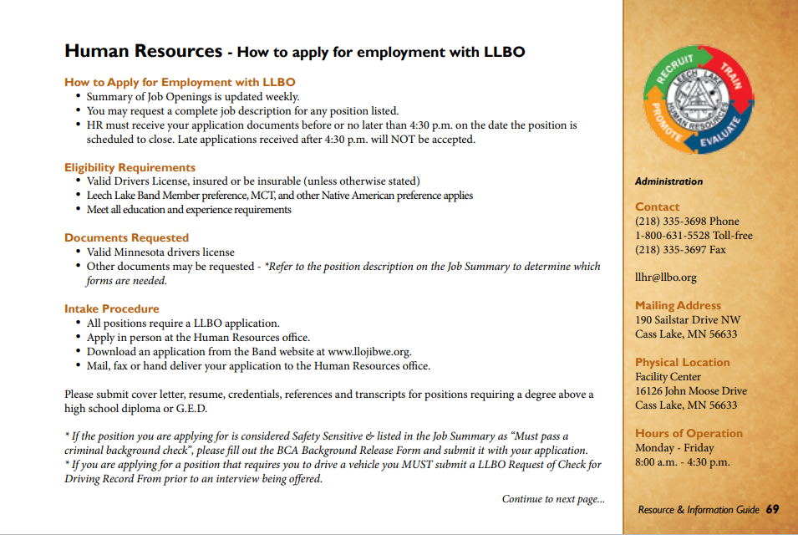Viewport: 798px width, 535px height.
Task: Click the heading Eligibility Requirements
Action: point(130,167)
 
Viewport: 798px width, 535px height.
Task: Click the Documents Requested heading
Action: point(126,237)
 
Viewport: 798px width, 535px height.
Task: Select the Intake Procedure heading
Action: point(111,308)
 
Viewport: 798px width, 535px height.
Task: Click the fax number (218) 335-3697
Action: point(670,249)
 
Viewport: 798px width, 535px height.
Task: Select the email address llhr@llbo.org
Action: point(665,278)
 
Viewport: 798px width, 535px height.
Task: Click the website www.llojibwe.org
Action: point(369,352)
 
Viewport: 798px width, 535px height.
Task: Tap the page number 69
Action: point(772,509)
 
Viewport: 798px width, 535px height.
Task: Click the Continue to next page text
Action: point(553,499)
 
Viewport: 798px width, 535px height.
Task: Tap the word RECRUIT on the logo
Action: point(675,70)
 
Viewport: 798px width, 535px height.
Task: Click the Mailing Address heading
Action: point(678,305)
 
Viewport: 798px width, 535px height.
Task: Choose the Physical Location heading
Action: point(682,362)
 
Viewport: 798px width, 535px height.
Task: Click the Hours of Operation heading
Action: point(689,433)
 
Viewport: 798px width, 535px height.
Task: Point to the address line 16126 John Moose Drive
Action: point(691,391)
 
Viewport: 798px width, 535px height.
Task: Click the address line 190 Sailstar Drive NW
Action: point(688,320)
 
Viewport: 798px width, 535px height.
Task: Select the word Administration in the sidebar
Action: point(668,181)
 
